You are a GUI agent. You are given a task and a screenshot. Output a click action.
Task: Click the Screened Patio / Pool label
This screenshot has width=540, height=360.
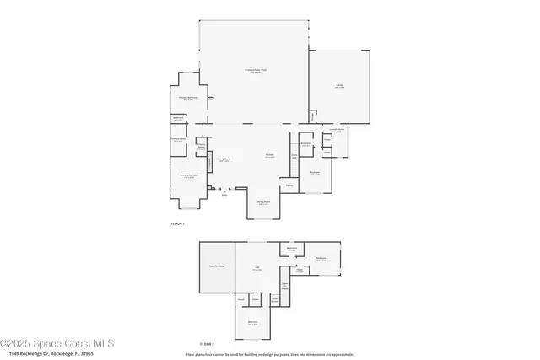[256, 70]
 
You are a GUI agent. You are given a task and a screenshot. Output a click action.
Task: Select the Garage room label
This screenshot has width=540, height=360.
[338, 87]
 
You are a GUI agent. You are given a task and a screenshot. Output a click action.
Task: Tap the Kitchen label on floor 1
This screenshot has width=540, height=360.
[269, 155]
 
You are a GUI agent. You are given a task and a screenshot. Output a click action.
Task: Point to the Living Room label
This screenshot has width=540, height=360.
[224, 159]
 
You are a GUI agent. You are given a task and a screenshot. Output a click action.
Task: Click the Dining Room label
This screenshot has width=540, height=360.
[263, 202]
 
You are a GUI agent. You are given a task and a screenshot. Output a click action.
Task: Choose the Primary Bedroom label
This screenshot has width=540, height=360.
[187, 176]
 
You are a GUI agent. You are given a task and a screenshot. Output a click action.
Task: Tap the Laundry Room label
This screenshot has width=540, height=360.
[336, 131]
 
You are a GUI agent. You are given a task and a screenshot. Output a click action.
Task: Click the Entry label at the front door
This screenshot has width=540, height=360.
[224, 195]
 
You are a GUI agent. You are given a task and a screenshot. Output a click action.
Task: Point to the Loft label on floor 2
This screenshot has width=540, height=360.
[257, 269]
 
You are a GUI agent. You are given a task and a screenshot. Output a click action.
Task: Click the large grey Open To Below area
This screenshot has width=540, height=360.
[217, 267]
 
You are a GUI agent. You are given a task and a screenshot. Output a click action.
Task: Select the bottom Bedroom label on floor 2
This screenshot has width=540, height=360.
[252, 323]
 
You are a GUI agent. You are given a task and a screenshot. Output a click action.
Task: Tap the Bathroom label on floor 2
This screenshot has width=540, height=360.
[291, 249]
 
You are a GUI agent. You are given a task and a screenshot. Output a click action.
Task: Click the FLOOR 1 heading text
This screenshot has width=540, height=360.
[177, 224]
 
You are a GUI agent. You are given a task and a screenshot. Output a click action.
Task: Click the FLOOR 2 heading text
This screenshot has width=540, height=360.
[207, 344]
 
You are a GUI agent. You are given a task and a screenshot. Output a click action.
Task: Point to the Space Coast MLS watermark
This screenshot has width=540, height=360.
[57, 344]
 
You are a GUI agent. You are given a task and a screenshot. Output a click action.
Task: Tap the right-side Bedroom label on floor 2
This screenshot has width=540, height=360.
[321, 259]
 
